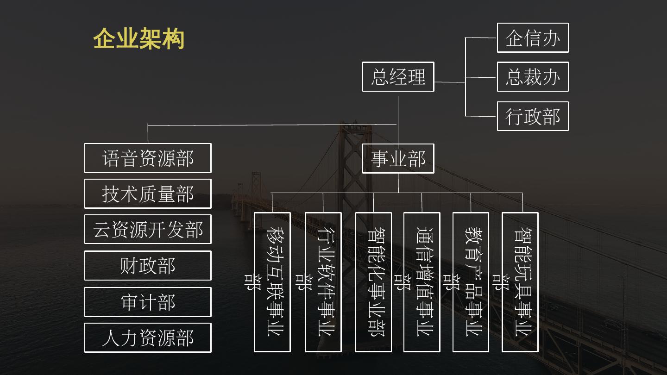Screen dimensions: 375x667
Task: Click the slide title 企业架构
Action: pyautogui.click(x=139, y=39)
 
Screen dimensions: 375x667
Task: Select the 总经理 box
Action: pyautogui.click(x=398, y=77)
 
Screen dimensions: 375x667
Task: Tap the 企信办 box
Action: pyautogui.click(x=533, y=38)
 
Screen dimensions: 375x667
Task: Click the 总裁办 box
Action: pyautogui.click(x=533, y=77)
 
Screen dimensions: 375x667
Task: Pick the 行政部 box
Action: pyautogui.click(x=533, y=116)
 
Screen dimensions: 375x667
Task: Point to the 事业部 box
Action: pyautogui.click(x=398, y=159)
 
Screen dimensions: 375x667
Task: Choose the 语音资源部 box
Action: pyautogui.click(x=148, y=158)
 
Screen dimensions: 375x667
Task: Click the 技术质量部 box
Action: pyautogui.click(x=148, y=194)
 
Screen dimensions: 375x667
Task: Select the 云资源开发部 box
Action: pyautogui.click(x=148, y=230)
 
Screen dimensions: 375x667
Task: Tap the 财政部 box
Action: pyautogui.click(x=148, y=266)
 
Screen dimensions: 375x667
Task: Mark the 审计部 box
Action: pyautogui.click(x=148, y=302)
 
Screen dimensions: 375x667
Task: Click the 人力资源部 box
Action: pyautogui.click(x=148, y=338)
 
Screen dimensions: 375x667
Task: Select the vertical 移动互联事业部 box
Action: pyautogui.click(x=272, y=282)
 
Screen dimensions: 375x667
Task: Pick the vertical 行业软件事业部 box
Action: pyautogui.click(x=323, y=282)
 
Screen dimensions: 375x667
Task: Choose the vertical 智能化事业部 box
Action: pyautogui.click(x=373, y=282)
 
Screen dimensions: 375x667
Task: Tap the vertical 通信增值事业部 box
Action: pyautogui.click(x=422, y=282)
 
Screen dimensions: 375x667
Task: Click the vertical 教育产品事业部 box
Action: pyautogui.click(x=471, y=282)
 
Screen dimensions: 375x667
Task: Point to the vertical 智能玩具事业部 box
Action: pyautogui.click(x=520, y=282)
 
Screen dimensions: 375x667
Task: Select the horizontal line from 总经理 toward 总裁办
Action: pyautogui.click(x=449, y=82)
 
